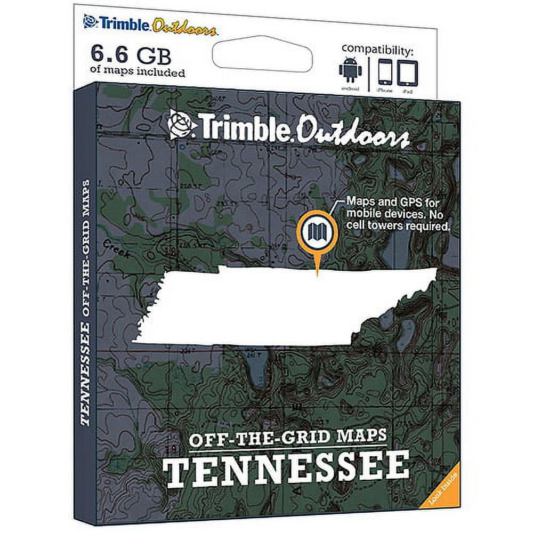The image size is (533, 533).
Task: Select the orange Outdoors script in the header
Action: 184,26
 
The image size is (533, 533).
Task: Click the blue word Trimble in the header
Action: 122,24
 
